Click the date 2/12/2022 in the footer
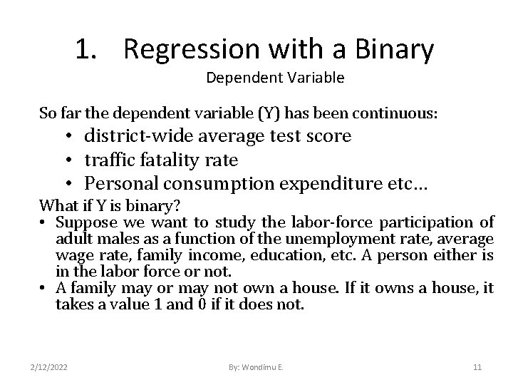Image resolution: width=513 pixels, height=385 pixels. coord(50,366)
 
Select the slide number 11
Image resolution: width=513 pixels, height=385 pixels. coord(477,366)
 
